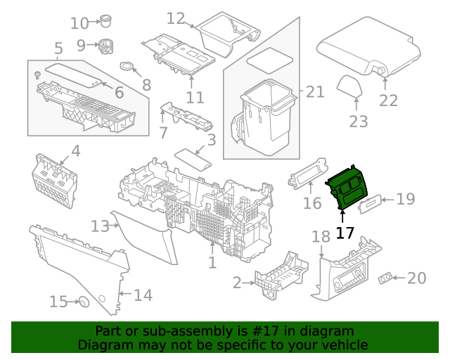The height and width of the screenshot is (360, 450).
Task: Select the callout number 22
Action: (x=388, y=101)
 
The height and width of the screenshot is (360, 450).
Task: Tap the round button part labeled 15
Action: (x=83, y=302)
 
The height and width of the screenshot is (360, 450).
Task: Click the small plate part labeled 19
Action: (x=370, y=203)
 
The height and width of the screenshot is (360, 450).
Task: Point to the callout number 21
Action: (x=315, y=92)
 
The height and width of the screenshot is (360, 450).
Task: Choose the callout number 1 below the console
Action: (x=212, y=263)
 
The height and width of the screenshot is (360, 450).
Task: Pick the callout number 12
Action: (x=175, y=18)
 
